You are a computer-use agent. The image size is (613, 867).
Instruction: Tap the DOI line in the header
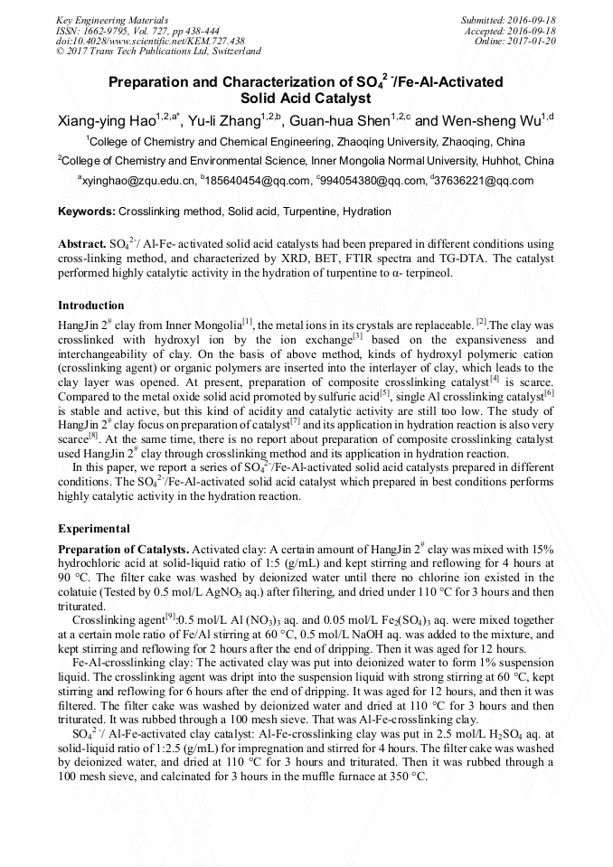pyautogui.click(x=150, y=41)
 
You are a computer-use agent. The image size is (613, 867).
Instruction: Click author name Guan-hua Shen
pyautogui.click(x=343, y=120)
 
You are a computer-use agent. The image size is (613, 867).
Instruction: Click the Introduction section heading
pyautogui.click(x=91, y=306)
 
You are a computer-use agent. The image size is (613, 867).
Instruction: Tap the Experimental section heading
pyautogui.click(x=94, y=529)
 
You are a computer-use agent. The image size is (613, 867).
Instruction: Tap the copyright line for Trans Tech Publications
pyautogui.click(x=158, y=52)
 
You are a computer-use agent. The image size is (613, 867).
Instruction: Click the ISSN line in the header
pyautogui.click(x=137, y=31)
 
